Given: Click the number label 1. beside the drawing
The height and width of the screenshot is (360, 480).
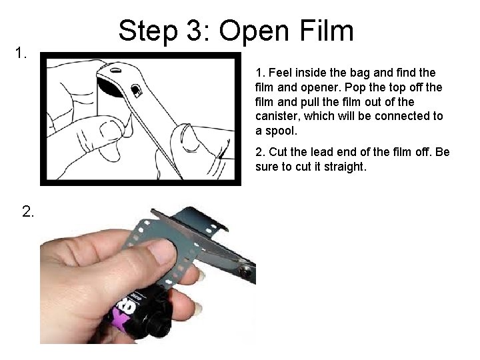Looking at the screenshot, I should (21, 52).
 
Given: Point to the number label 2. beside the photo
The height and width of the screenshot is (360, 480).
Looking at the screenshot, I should (29, 212).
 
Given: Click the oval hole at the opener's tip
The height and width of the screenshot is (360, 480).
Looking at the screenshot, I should (117, 68).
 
